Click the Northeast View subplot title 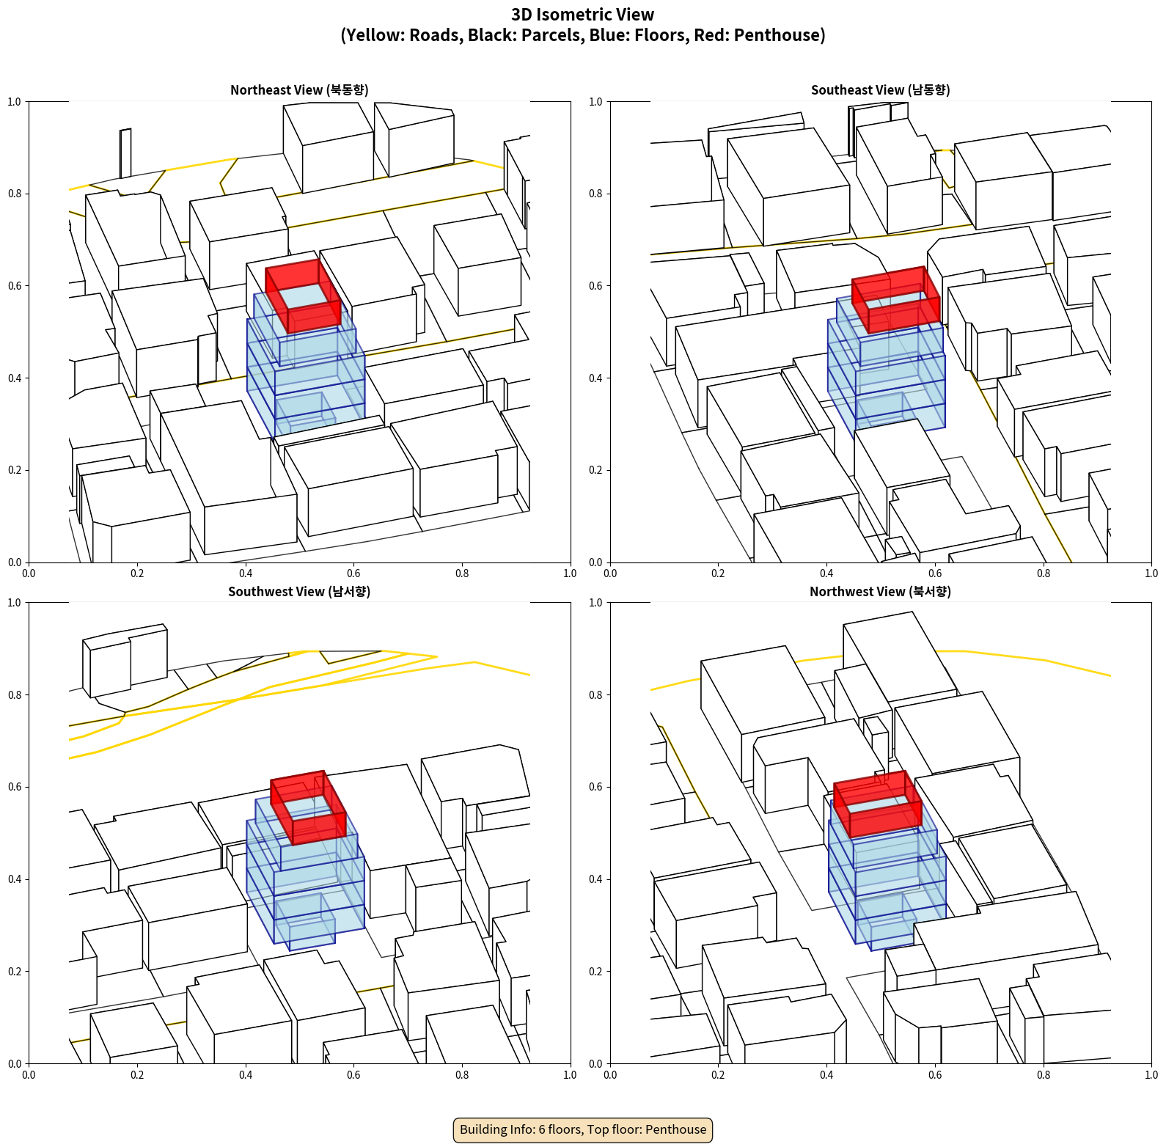(299, 90)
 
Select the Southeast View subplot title (881, 90)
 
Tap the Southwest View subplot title (299, 592)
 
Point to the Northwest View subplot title (881, 592)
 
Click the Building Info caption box (583, 1129)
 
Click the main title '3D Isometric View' (583, 15)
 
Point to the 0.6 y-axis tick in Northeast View (15, 286)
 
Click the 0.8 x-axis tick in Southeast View (1044, 573)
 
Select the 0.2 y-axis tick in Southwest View (15, 972)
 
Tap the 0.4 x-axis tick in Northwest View (826, 1075)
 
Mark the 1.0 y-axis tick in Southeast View (596, 102)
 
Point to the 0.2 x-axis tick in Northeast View (137, 573)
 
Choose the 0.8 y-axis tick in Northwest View (596, 695)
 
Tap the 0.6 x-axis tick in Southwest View (353, 1075)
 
